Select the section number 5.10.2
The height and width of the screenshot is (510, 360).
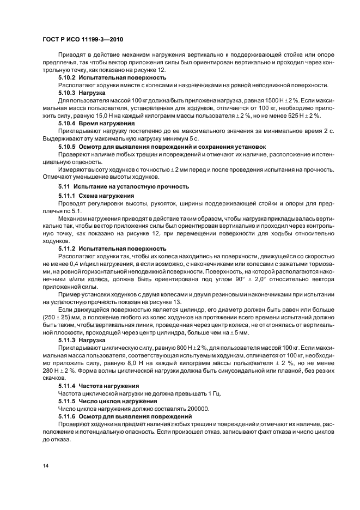(x=67, y=78)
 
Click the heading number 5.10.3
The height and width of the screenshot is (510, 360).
(x=67, y=93)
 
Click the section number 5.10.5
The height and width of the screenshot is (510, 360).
(x=67, y=147)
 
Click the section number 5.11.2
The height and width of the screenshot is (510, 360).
(x=67, y=248)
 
